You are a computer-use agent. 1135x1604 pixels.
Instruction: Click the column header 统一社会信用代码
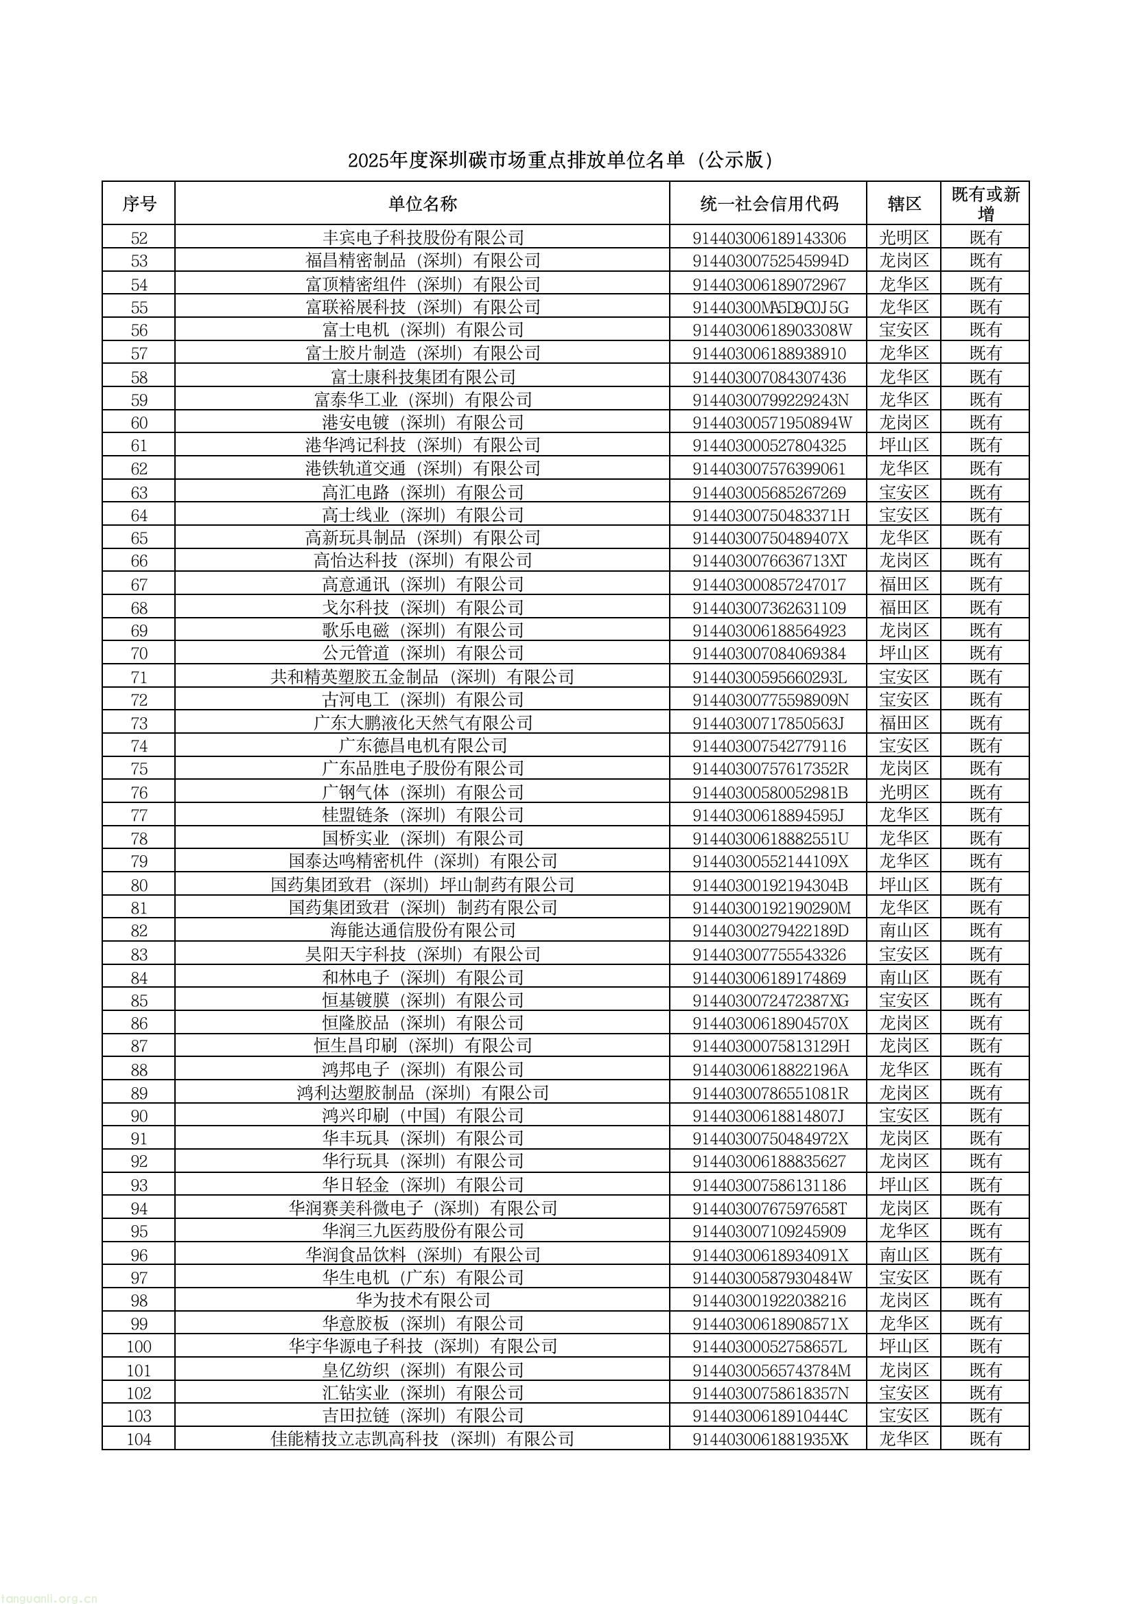pos(768,204)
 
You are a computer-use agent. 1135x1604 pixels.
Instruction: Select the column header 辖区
pos(904,204)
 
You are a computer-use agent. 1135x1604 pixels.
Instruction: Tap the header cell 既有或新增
pos(985,203)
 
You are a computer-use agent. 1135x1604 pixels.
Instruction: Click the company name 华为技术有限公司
pos(422,1301)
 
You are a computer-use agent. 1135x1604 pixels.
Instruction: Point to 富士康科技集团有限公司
pos(422,377)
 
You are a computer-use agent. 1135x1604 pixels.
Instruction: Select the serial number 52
pos(139,238)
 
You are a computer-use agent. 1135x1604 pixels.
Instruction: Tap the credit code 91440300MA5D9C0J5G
pos(770,307)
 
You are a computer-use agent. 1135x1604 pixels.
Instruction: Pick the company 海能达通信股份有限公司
pos(422,931)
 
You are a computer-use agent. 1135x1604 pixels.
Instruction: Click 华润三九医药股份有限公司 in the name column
pos(422,1231)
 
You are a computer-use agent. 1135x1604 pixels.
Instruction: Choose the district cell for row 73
pos(904,723)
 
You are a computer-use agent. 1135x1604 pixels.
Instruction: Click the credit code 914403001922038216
pos(769,1301)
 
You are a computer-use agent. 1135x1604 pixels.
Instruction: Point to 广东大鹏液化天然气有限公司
pos(422,723)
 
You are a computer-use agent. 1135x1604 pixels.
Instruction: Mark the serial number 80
pos(139,885)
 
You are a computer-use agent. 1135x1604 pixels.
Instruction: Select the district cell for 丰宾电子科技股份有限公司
pos(904,238)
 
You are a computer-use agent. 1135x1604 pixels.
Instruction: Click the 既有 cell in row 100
pos(985,1347)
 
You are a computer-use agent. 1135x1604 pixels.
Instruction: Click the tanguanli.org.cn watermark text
pos(49,1596)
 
